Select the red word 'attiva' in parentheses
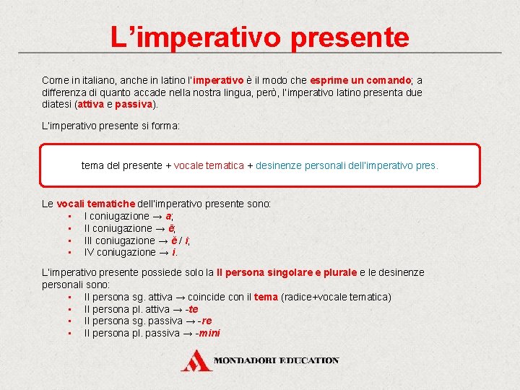[90, 104]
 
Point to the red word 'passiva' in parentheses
[134, 104]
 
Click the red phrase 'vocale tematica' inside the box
[209, 165]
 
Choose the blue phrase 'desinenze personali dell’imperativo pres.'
[347, 165]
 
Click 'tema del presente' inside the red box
[121, 165]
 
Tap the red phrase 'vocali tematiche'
[95, 204]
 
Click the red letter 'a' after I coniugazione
[168, 216]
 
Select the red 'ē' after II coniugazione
[171, 228]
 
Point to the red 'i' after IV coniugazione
[174, 252]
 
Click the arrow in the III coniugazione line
[162, 240]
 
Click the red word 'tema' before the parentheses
[266, 297]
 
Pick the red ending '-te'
[191, 309]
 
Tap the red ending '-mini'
[208, 333]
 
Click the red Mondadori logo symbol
[196, 360]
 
